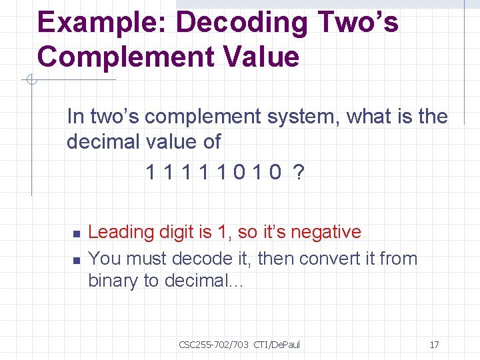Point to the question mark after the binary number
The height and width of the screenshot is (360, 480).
tap(299, 173)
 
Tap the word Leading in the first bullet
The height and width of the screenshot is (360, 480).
tap(121, 232)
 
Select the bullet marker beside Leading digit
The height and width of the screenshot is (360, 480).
tap(75, 234)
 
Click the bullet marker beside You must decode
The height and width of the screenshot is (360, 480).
tap(75, 260)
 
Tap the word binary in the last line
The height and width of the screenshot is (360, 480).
tap(113, 281)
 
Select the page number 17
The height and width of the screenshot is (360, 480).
tap(434, 345)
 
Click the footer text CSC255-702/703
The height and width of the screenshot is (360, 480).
tap(213, 345)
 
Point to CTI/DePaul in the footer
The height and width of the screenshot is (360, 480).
tap(277, 345)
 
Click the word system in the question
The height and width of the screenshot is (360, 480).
tap(303, 117)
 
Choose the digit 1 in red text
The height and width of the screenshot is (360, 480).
tap(223, 232)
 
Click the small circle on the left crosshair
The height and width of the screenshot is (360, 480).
tap(31, 81)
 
